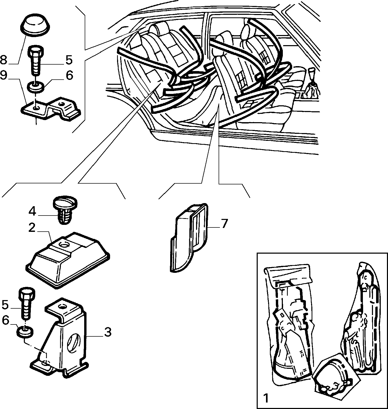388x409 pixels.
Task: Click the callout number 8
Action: [3, 60]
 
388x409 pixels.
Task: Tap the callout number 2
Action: [32, 228]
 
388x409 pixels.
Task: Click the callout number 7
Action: [224, 223]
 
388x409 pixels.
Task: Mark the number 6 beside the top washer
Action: [69, 75]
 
